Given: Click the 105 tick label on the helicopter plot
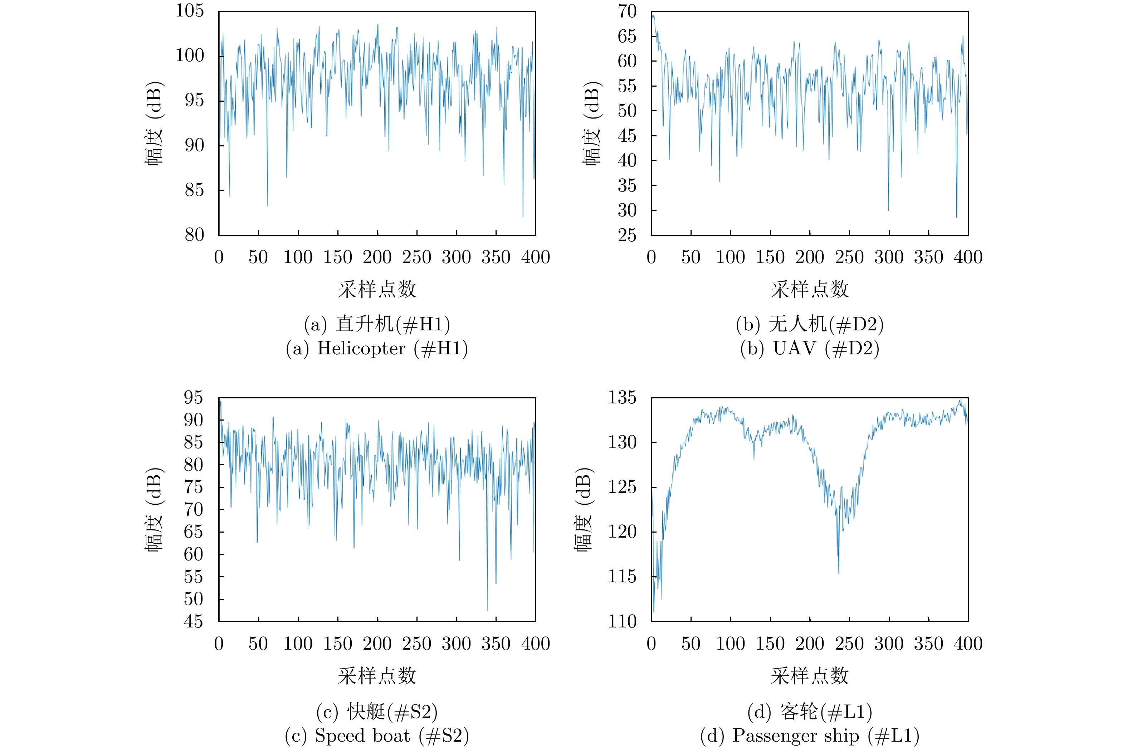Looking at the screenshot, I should (x=190, y=10).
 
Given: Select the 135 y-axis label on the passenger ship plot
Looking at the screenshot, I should (x=622, y=397).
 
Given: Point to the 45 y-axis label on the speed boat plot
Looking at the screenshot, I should (x=193, y=621).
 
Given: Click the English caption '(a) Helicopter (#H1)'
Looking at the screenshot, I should (x=377, y=348).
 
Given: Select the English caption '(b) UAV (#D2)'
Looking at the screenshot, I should (x=809, y=348).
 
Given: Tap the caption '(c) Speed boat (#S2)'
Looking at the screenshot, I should (x=377, y=736).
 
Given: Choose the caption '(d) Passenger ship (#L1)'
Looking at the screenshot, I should (x=809, y=736).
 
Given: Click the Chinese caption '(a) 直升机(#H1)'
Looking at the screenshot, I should (x=377, y=324).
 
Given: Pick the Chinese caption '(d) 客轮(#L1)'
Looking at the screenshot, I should (x=809, y=711).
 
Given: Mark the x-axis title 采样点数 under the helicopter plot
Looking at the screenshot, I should (x=377, y=289).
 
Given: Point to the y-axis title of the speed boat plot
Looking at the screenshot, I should (x=154, y=510).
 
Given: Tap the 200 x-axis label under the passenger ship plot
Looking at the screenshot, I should (x=809, y=644).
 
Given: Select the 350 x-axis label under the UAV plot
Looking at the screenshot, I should (x=928, y=257).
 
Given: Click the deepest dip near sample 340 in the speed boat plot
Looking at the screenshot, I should (x=487, y=610).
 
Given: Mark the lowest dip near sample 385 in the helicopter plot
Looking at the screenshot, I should (x=523, y=216).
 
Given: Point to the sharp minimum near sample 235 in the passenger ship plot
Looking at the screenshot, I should (x=839, y=573).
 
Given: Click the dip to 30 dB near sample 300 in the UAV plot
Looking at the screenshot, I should (x=888, y=210).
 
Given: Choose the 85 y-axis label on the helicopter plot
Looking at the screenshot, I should (x=194, y=190).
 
